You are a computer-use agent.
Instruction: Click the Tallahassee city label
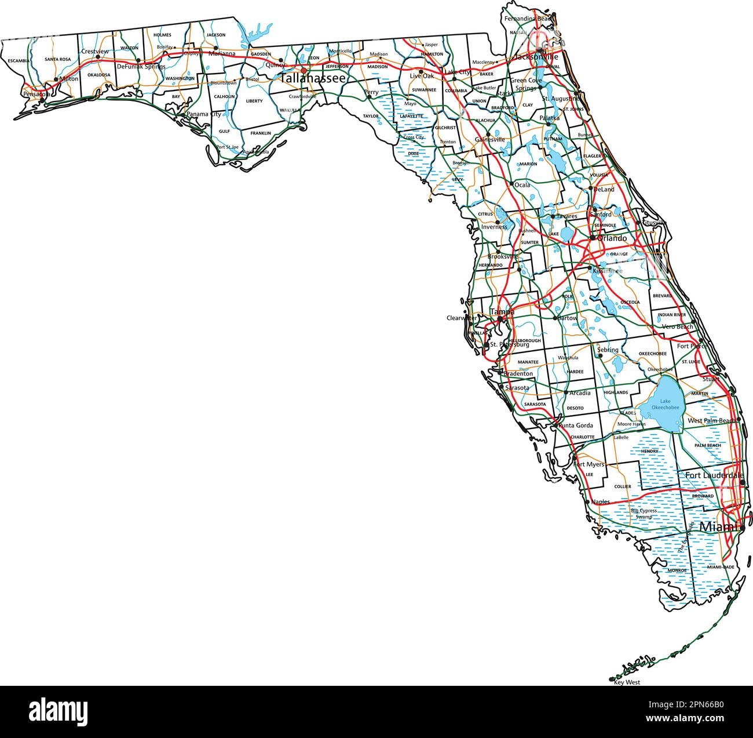pyautogui.click(x=313, y=78)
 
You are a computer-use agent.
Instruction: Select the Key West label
pyautogui.click(x=627, y=682)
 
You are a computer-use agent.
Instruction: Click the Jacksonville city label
pyautogui.click(x=536, y=57)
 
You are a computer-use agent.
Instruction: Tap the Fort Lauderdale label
pyautogui.click(x=714, y=475)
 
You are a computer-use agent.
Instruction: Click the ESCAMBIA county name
pyautogui.click(x=19, y=60)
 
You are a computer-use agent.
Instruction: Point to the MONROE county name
pyautogui.click(x=677, y=570)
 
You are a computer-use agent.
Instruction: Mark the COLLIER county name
pyautogui.click(x=623, y=486)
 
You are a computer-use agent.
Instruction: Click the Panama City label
pyautogui.click(x=200, y=115)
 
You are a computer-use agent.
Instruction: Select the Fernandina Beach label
pyautogui.click(x=528, y=19)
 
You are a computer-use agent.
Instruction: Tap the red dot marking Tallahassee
pyautogui.click(x=304, y=70)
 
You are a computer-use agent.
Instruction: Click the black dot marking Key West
pyautogui.click(x=612, y=678)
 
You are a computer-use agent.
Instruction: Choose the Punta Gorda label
pyautogui.click(x=576, y=426)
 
